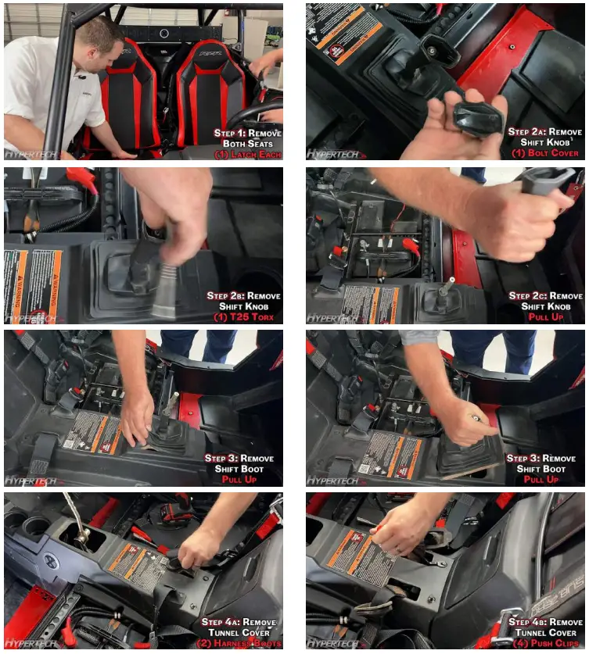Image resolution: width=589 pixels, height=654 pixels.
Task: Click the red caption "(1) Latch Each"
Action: click(x=249, y=155)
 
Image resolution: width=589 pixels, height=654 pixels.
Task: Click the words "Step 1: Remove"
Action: click(x=248, y=133)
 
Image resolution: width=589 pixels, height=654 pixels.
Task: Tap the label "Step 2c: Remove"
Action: click(x=545, y=295)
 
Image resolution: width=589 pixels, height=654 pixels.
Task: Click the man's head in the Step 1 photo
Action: click(x=100, y=39)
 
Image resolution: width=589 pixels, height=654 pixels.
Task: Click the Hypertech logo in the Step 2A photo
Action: click(x=332, y=154)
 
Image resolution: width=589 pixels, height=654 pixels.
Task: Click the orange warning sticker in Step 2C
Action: click(x=372, y=305)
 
